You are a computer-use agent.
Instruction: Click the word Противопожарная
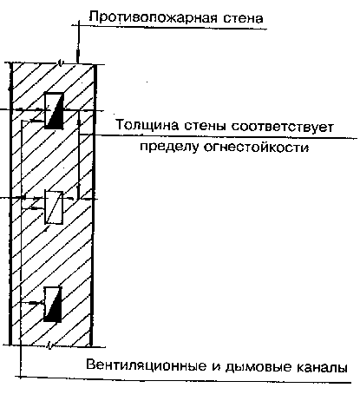click(154, 18)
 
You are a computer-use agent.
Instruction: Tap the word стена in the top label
click(243, 18)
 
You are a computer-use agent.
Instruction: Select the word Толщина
click(147, 126)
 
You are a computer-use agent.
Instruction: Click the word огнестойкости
click(257, 148)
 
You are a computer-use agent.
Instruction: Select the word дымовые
click(259, 367)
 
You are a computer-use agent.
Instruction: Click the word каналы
click(322, 367)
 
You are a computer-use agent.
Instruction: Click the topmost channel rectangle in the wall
click(54, 110)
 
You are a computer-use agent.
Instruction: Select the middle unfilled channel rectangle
click(54, 207)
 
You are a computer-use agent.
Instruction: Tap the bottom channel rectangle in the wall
click(53, 305)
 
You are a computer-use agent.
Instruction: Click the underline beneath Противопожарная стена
click(169, 27)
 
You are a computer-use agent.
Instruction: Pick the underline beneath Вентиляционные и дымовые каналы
click(183, 379)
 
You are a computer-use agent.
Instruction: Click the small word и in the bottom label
click(216, 367)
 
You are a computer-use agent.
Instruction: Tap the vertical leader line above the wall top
click(78, 42)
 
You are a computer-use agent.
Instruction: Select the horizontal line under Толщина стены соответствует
click(219, 136)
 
